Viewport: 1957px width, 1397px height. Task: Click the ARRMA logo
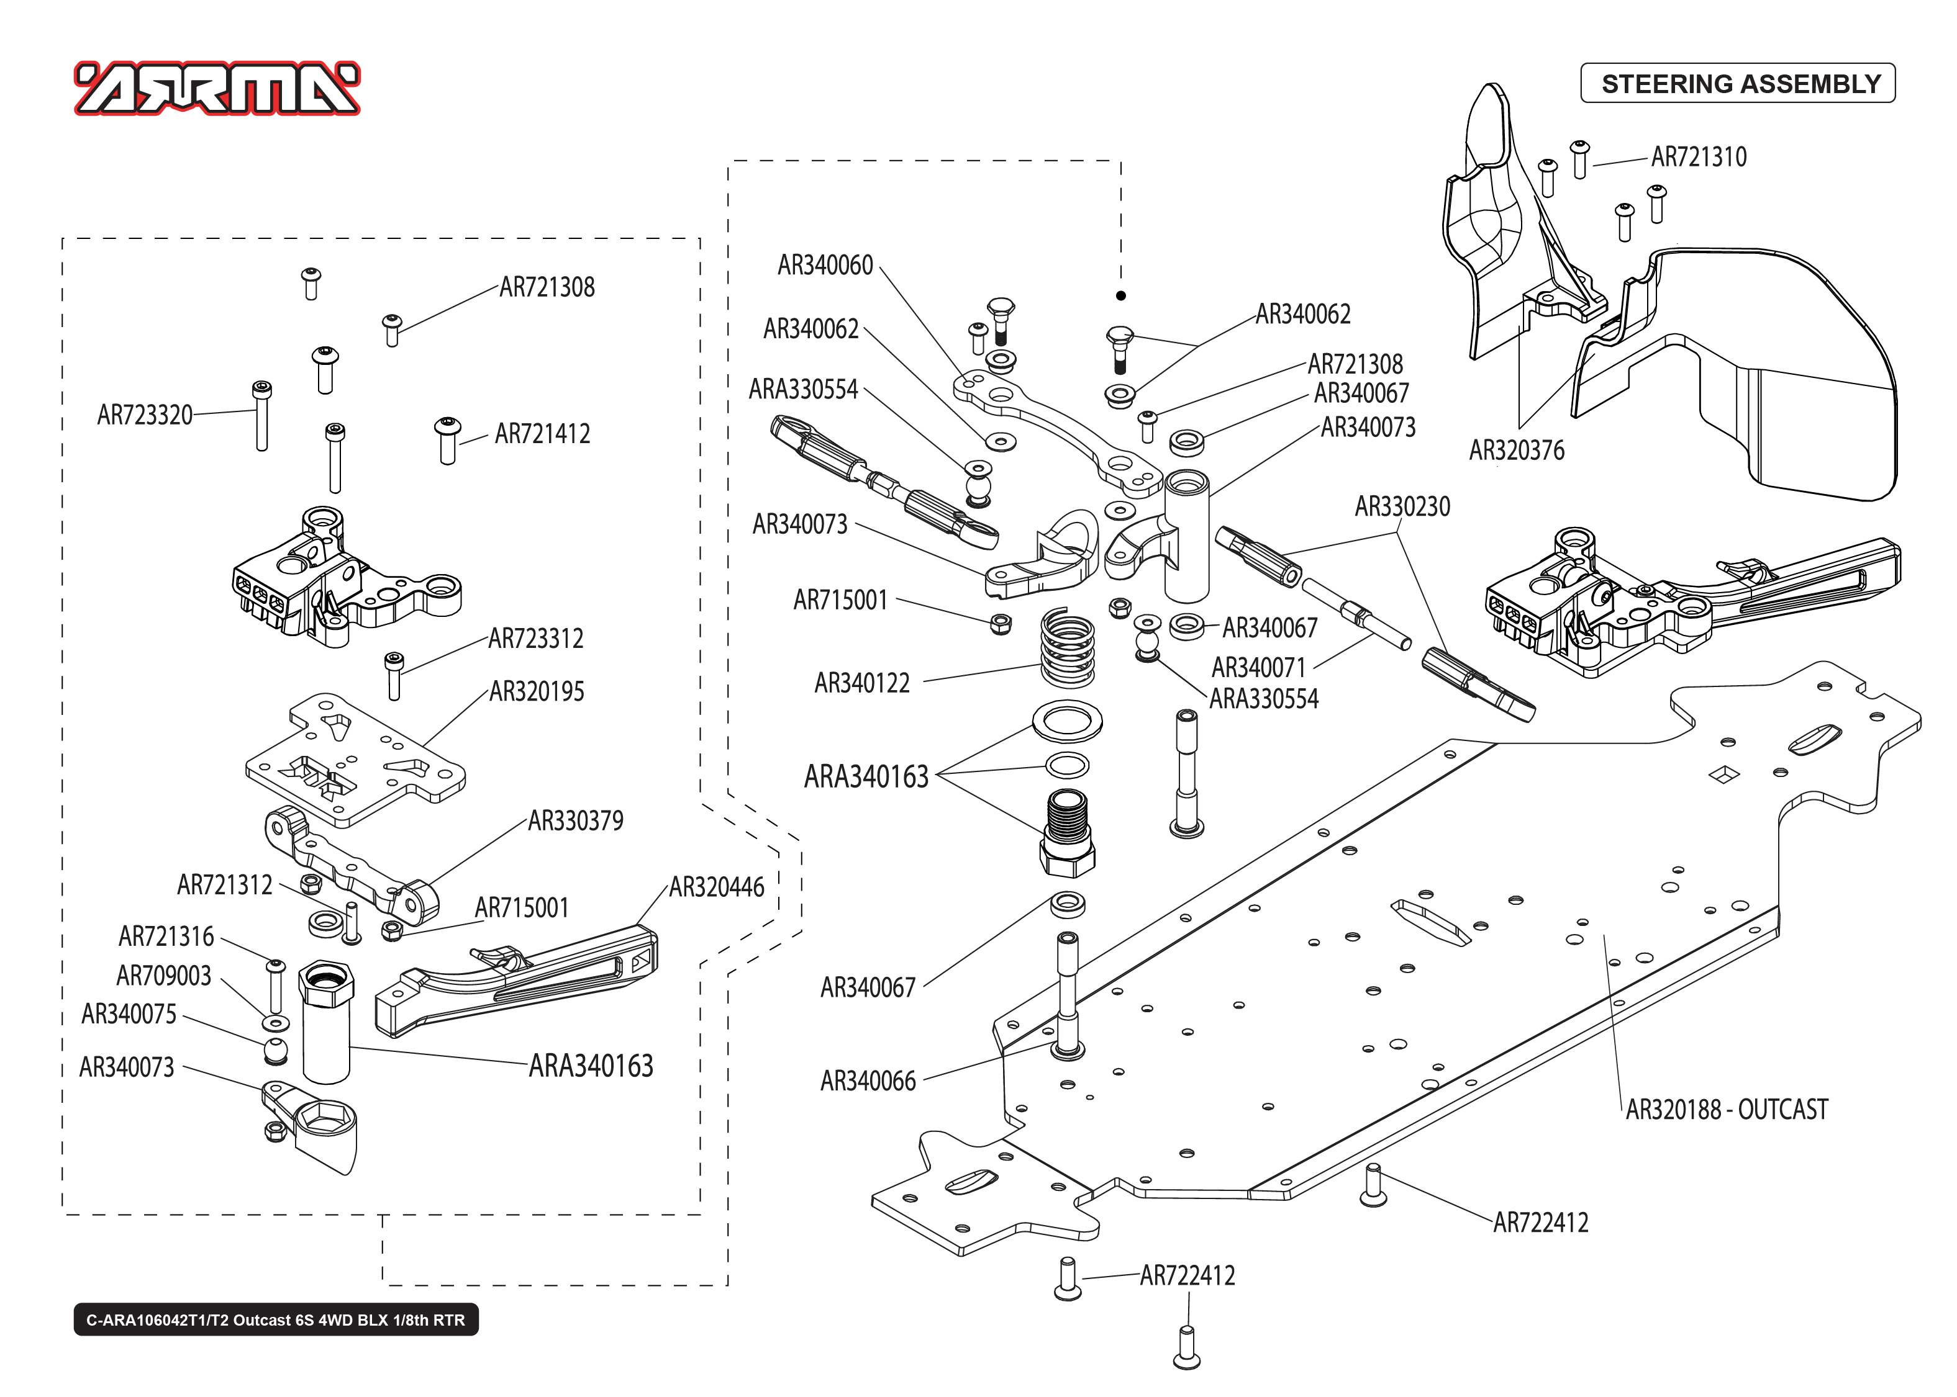point(217,89)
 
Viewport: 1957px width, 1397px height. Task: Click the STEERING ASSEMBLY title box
point(1738,83)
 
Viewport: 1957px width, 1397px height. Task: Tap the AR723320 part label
point(145,415)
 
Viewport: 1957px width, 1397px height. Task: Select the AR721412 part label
point(542,434)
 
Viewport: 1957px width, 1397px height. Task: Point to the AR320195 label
point(536,691)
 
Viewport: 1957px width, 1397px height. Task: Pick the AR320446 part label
point(716,887)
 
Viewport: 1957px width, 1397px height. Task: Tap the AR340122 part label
point(861,684)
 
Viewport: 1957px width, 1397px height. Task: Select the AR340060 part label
point(824,266)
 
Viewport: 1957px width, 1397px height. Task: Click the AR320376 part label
point(1517,451)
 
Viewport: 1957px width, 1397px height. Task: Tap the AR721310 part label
point(1699,158)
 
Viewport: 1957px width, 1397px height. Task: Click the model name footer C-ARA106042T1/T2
point(275,1319)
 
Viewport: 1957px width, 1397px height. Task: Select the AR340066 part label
point(868,1081)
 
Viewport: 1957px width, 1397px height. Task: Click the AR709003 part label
point(163,976)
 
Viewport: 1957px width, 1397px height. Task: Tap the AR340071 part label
point(1258,668)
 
